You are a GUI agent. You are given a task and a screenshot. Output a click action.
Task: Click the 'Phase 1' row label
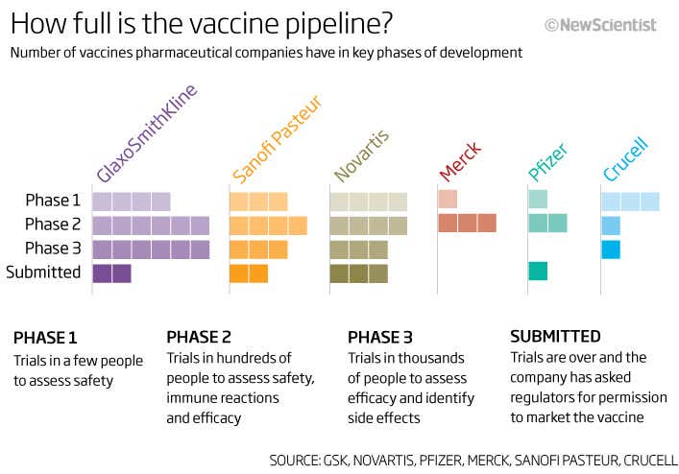pyautogui.click(x=53, y=201)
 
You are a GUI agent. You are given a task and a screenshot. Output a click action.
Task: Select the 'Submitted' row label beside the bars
pyautogui.click(x=43, y=273)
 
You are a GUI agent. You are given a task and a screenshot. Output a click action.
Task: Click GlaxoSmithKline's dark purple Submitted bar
pyautogui.click(x=111, y=273)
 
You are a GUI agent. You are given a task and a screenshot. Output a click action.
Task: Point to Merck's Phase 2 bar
pyautogui.click(x=467, y=224)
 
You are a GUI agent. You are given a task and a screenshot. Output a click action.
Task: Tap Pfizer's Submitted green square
pyautogui.click(x=538, y=272)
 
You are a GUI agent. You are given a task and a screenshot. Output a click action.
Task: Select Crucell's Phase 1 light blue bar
pyautogui.click(x=630, y=201)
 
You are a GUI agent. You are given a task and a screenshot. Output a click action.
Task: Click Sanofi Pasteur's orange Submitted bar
pyautogui.click(x=249, y=273)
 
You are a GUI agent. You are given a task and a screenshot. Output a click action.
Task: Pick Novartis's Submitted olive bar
pyautogui.click(x=358, y=273)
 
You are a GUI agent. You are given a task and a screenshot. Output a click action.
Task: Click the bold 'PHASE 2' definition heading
pyautogui.click(x=199, y=337)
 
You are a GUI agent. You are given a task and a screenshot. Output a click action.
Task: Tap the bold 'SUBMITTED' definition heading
pyautogui.click(x=555, y=337)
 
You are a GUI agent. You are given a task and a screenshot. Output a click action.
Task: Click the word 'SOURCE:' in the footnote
pyautogui.click(x=301, y=459)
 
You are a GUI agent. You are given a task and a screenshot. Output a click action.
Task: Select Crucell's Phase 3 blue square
pyautogui.click(x=611, y=249)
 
